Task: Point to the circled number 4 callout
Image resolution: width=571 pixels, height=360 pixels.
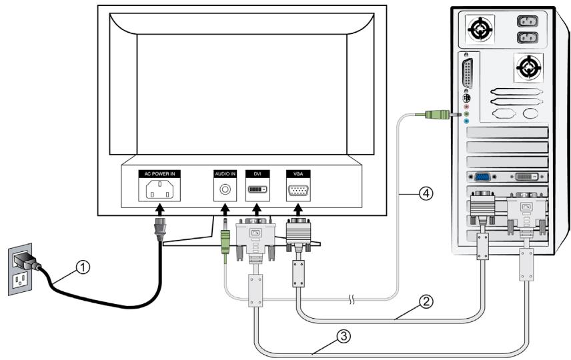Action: [x=426, y=194]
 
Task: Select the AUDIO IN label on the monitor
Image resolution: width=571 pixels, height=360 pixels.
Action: [x=225, y=173]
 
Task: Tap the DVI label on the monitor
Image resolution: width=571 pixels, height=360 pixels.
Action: [x=257, y=173]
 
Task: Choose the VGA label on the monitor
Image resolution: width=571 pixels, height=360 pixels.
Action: [x=297, y=173]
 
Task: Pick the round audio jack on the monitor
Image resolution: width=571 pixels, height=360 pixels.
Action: [x=225, y=190]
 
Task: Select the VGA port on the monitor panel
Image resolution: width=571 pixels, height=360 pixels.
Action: [x=297, y=190]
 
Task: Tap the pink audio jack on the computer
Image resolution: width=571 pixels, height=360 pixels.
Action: [x=467, y=107]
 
